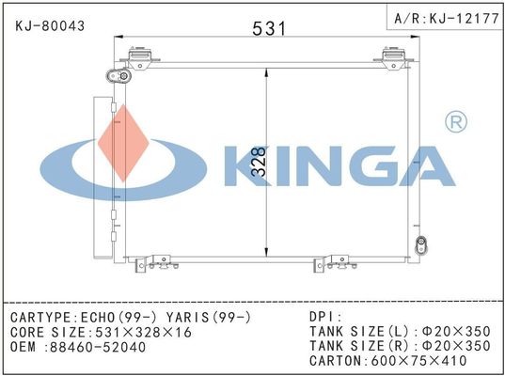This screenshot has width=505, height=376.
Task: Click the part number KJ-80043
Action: tap(50, 26)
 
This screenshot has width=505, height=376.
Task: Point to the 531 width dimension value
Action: tap(269, 28)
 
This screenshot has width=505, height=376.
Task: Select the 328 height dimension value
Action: tap(260, 162)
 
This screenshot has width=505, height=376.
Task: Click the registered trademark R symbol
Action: tap(456, 121)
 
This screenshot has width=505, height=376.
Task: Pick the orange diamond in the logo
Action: tap(124, 143)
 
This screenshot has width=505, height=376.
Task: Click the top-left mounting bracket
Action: tap(140, 58)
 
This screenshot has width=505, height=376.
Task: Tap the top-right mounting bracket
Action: tap(394, 58)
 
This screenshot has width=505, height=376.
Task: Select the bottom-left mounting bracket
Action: tap(157, 263)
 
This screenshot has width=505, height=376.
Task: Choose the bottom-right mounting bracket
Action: tap(336, 263)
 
